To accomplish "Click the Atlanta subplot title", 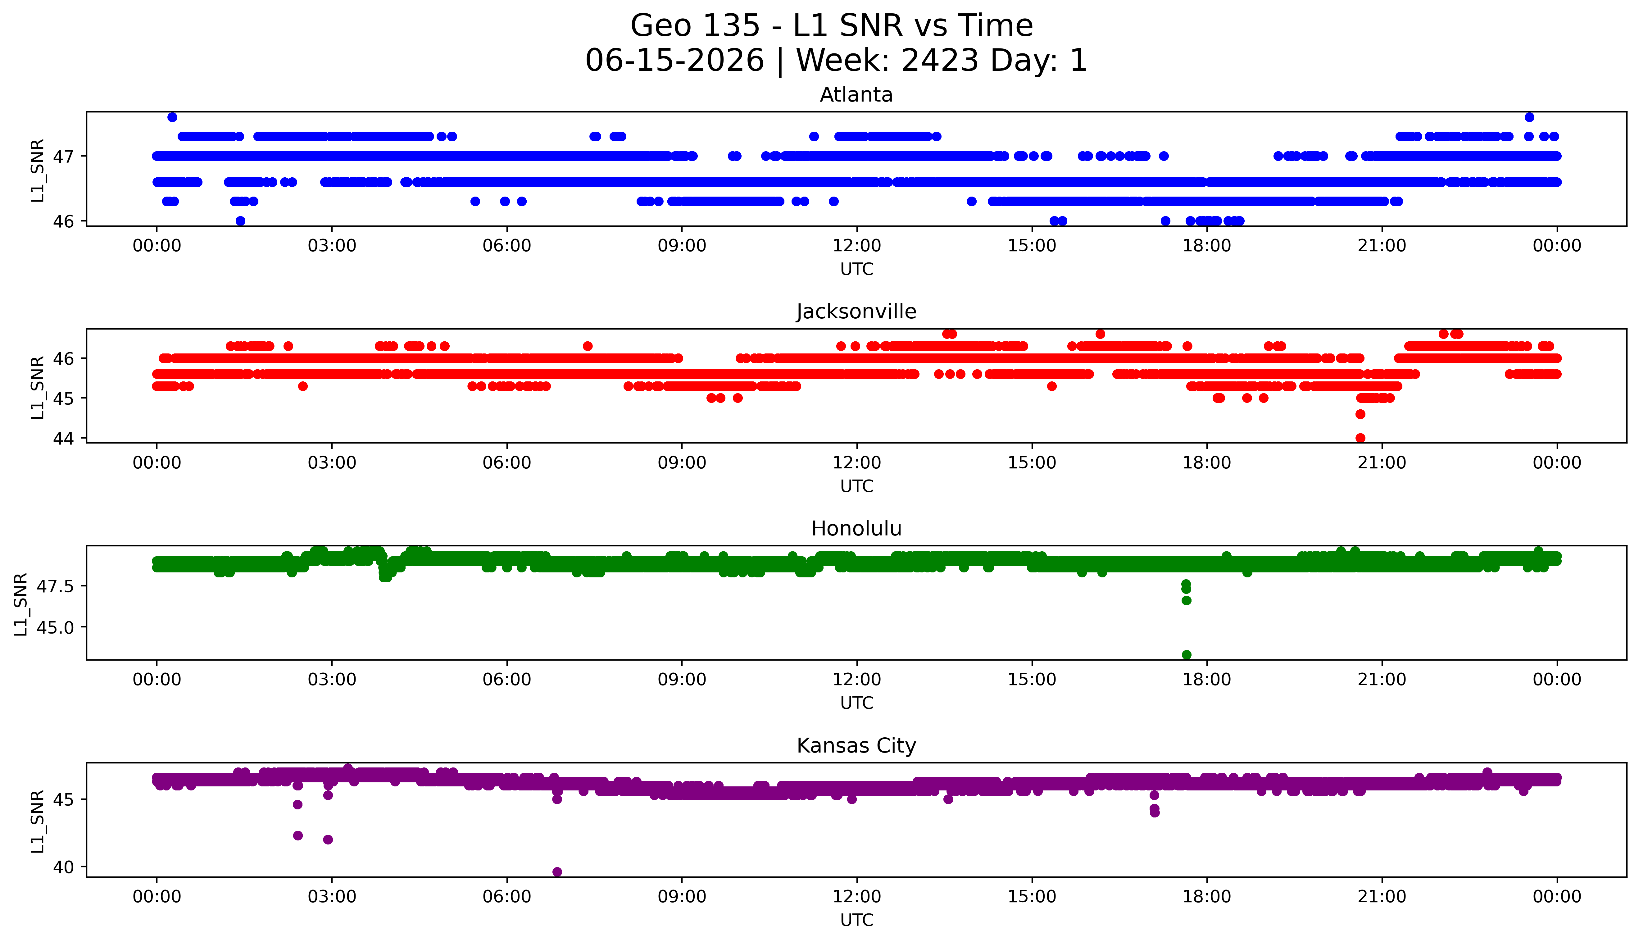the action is [x=856, y=95].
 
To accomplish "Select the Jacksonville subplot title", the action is [x=856, y=312].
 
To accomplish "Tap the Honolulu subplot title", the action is [x=856, y=529].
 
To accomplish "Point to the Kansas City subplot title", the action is [x=856, y=746].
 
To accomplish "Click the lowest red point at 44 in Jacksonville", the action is [x=1360, y=438].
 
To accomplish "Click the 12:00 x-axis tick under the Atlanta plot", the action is [x=857, y=246].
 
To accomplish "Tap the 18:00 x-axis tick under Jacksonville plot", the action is [x=1207, y=462].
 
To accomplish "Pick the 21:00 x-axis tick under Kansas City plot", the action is [x=1382, y=897].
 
